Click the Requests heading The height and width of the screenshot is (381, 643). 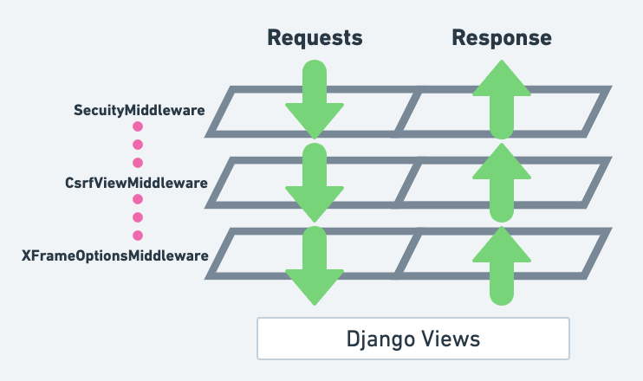point(315,37)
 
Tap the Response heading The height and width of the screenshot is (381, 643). point(502,37)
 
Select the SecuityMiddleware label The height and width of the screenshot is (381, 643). point(139,110)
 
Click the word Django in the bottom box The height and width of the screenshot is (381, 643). point(380,339)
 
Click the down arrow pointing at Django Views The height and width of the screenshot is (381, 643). point(315,268)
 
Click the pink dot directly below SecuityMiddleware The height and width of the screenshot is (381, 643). point(137,127)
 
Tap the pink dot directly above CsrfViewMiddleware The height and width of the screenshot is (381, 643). point(137,163)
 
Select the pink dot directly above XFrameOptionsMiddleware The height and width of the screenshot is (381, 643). point(137,236)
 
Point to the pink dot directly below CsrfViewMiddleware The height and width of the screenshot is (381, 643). point(137,200)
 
